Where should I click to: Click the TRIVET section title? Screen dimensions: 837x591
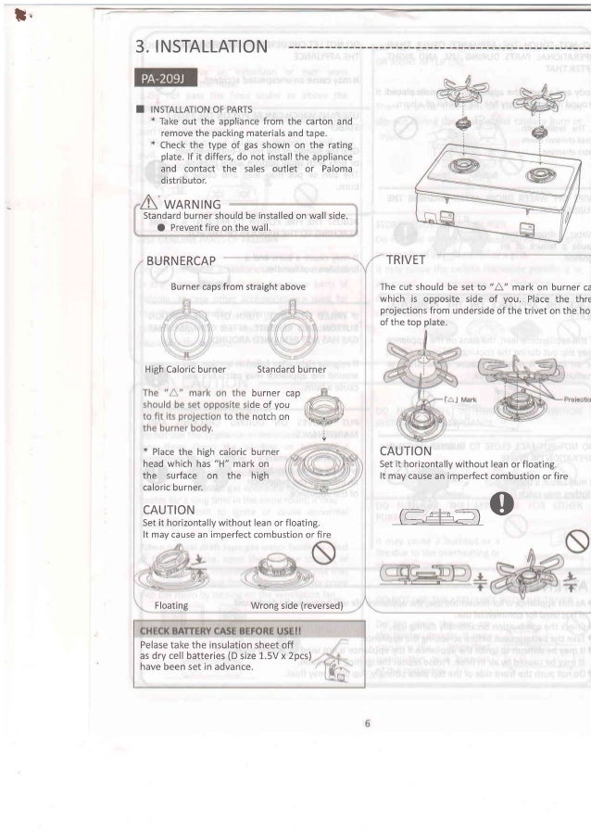click(x=405, y=260)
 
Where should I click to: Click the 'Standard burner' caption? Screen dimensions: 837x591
click(x=291, y=369)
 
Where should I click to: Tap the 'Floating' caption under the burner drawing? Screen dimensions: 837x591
click(x=172, y=604)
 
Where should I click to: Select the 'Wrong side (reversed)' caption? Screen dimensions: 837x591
click(x=297, y=604)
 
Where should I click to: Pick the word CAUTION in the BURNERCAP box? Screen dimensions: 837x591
click(x=168, y=509)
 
